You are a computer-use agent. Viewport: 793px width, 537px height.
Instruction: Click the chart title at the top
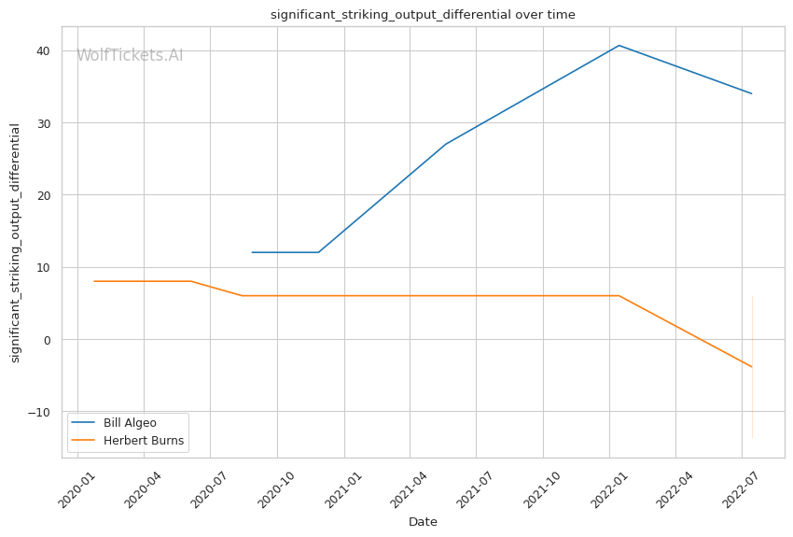point(423,15)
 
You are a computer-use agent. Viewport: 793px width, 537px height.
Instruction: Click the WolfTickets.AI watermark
point(130,56)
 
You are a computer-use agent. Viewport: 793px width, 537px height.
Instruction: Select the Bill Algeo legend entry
point(130,423)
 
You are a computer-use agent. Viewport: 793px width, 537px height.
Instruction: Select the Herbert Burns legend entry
point(143,441)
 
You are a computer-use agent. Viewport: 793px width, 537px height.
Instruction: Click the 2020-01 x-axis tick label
point(77,486)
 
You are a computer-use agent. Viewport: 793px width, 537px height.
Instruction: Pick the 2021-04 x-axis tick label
point(409,486)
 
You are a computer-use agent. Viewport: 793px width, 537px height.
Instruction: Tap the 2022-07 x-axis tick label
point(740,486)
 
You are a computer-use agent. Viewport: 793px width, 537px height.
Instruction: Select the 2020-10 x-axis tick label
point(276,486)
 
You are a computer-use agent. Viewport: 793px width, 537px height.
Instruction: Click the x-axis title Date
point(423,522)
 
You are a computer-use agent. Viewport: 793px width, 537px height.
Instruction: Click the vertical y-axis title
point(15,243)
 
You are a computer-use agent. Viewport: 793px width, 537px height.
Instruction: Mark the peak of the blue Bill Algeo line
point(619,45)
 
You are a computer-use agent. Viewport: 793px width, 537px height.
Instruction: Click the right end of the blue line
point(751,93)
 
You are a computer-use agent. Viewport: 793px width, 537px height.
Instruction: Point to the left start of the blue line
point(252,252)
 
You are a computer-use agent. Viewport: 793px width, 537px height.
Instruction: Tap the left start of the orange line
point(94,281)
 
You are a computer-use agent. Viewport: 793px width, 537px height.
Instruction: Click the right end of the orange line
point(751,367)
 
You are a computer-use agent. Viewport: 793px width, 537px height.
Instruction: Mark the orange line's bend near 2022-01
point(619,296)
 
